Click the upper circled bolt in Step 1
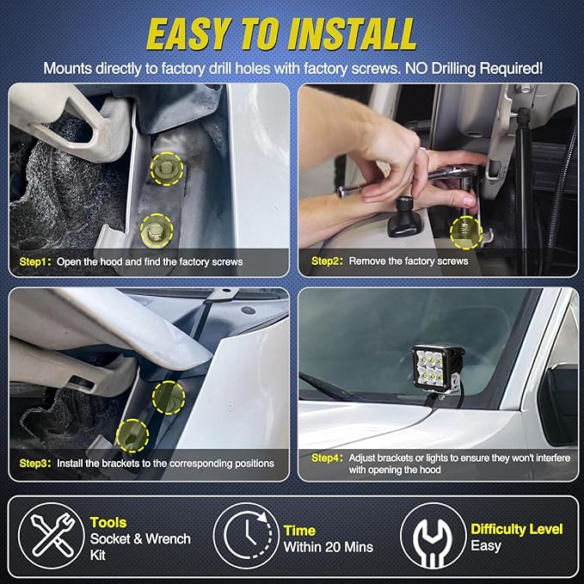[167, 169]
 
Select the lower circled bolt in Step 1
[157, 231]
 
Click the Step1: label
[34, 261]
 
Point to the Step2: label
[327, 261]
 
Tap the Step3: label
[34, 464]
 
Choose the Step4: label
[327, 458]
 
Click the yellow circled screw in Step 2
[465, 232]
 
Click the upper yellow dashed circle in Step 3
[169, 397]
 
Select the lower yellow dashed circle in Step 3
[132, 435]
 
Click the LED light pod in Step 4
[438, 368]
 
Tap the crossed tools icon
[52, 536]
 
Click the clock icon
[246, 536]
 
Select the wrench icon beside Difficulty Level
[433, 536]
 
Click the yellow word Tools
[108, 523]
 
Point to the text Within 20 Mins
[329, 547]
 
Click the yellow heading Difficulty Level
[517, 529]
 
